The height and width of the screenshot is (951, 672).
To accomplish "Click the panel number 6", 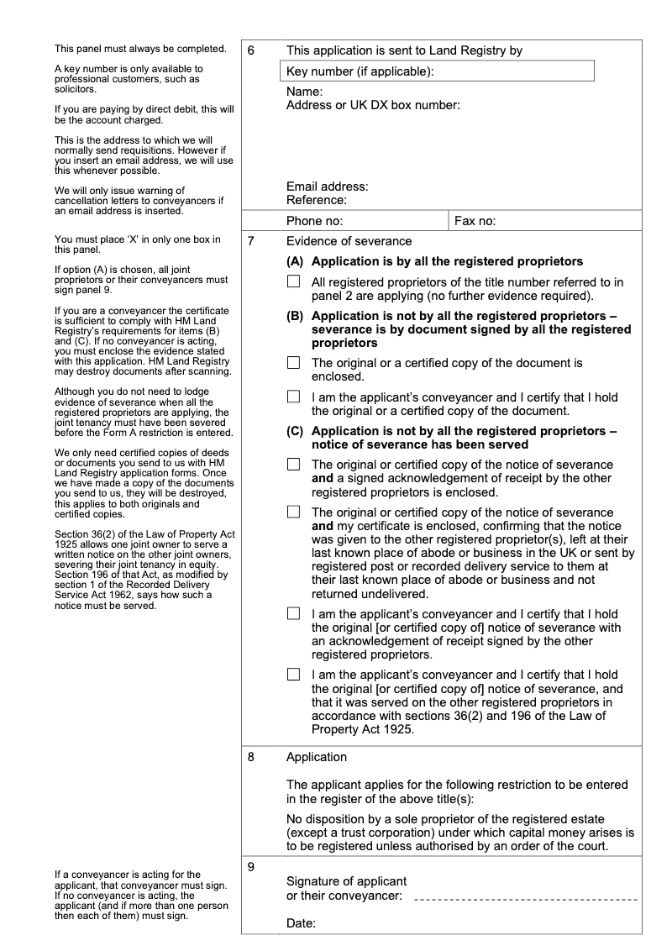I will (251, 50).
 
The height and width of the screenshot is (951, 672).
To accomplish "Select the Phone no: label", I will (314, 221).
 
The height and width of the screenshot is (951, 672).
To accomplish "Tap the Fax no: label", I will (475, 221).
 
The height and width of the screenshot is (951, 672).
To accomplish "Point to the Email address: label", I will (327, 187).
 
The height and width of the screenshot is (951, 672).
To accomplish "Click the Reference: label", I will (316, 200).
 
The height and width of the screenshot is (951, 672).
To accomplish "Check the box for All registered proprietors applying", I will (293, 282).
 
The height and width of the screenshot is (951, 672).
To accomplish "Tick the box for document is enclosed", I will (293, 363).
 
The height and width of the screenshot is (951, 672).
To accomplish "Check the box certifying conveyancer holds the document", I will (293, 397).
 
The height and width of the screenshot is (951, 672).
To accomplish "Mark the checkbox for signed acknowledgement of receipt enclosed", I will (293, 465).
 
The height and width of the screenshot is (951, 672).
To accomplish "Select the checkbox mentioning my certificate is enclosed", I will (293, 512).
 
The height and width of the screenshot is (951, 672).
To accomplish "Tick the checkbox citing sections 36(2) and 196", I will (293, 674).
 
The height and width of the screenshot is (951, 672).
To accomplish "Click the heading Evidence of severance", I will (349, 241).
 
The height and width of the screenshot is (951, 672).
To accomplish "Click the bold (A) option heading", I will (434, 261).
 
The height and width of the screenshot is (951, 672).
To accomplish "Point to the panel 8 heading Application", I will (316, 757).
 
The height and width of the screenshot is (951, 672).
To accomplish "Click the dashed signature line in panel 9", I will (526, 899).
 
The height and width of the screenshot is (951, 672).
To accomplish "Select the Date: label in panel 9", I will (301, 924).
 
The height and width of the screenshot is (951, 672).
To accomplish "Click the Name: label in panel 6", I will (304, 92).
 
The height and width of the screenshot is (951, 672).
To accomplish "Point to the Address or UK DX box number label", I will (373, 105).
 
